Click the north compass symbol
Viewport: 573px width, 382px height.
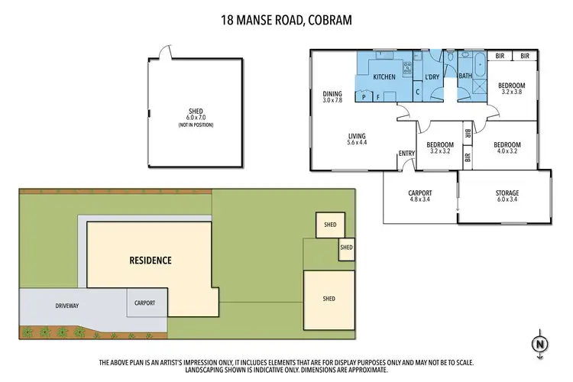click(541, 345)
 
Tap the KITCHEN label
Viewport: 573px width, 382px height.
click(384, 77)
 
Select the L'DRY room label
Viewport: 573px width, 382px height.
click(431, 77)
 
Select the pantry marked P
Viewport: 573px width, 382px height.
click(364, 96)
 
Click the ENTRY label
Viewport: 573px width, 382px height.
click(406, 154)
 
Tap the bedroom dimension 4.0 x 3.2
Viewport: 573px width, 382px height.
click(507, 152)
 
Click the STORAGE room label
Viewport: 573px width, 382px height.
click(507, 193)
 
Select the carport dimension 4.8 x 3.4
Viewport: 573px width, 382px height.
click(420, 201)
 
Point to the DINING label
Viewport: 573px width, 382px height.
click(332, 94)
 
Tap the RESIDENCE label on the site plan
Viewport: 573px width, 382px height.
click(150, 261)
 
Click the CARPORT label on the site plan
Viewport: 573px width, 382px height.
click(144, 303)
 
